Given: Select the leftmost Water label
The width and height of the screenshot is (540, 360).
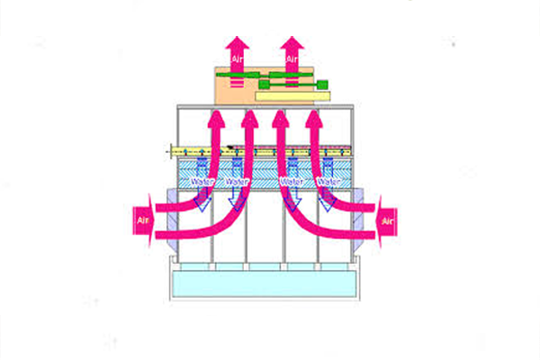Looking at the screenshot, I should pos(202,182).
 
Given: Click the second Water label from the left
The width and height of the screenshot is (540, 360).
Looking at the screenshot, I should pos(238,182).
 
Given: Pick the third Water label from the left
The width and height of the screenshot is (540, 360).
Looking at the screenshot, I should pos(292,182).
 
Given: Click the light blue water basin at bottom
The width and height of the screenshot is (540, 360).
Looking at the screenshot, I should pos(265,285).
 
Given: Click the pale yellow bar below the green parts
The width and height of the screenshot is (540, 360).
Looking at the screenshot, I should pos(293,94).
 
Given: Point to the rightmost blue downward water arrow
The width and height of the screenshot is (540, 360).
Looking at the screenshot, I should pos(329,198).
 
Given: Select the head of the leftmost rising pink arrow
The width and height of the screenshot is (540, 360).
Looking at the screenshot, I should pos(216,116).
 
